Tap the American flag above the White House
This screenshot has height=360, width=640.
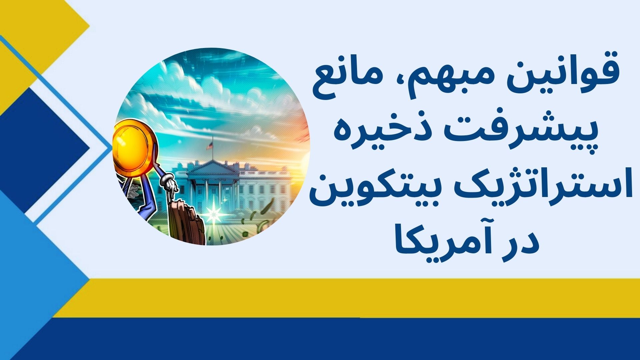[210, 146]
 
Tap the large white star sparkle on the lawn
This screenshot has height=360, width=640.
[212, 213]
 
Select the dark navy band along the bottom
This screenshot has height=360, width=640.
[333, 340]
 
